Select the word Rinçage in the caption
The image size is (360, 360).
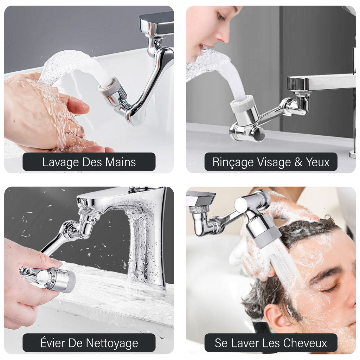click(x=232, y=162)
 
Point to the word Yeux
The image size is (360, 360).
click(x=317, y=162)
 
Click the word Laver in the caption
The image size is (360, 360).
click(x=246, y=343)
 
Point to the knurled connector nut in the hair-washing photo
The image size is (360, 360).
click(x=199, y=210)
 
